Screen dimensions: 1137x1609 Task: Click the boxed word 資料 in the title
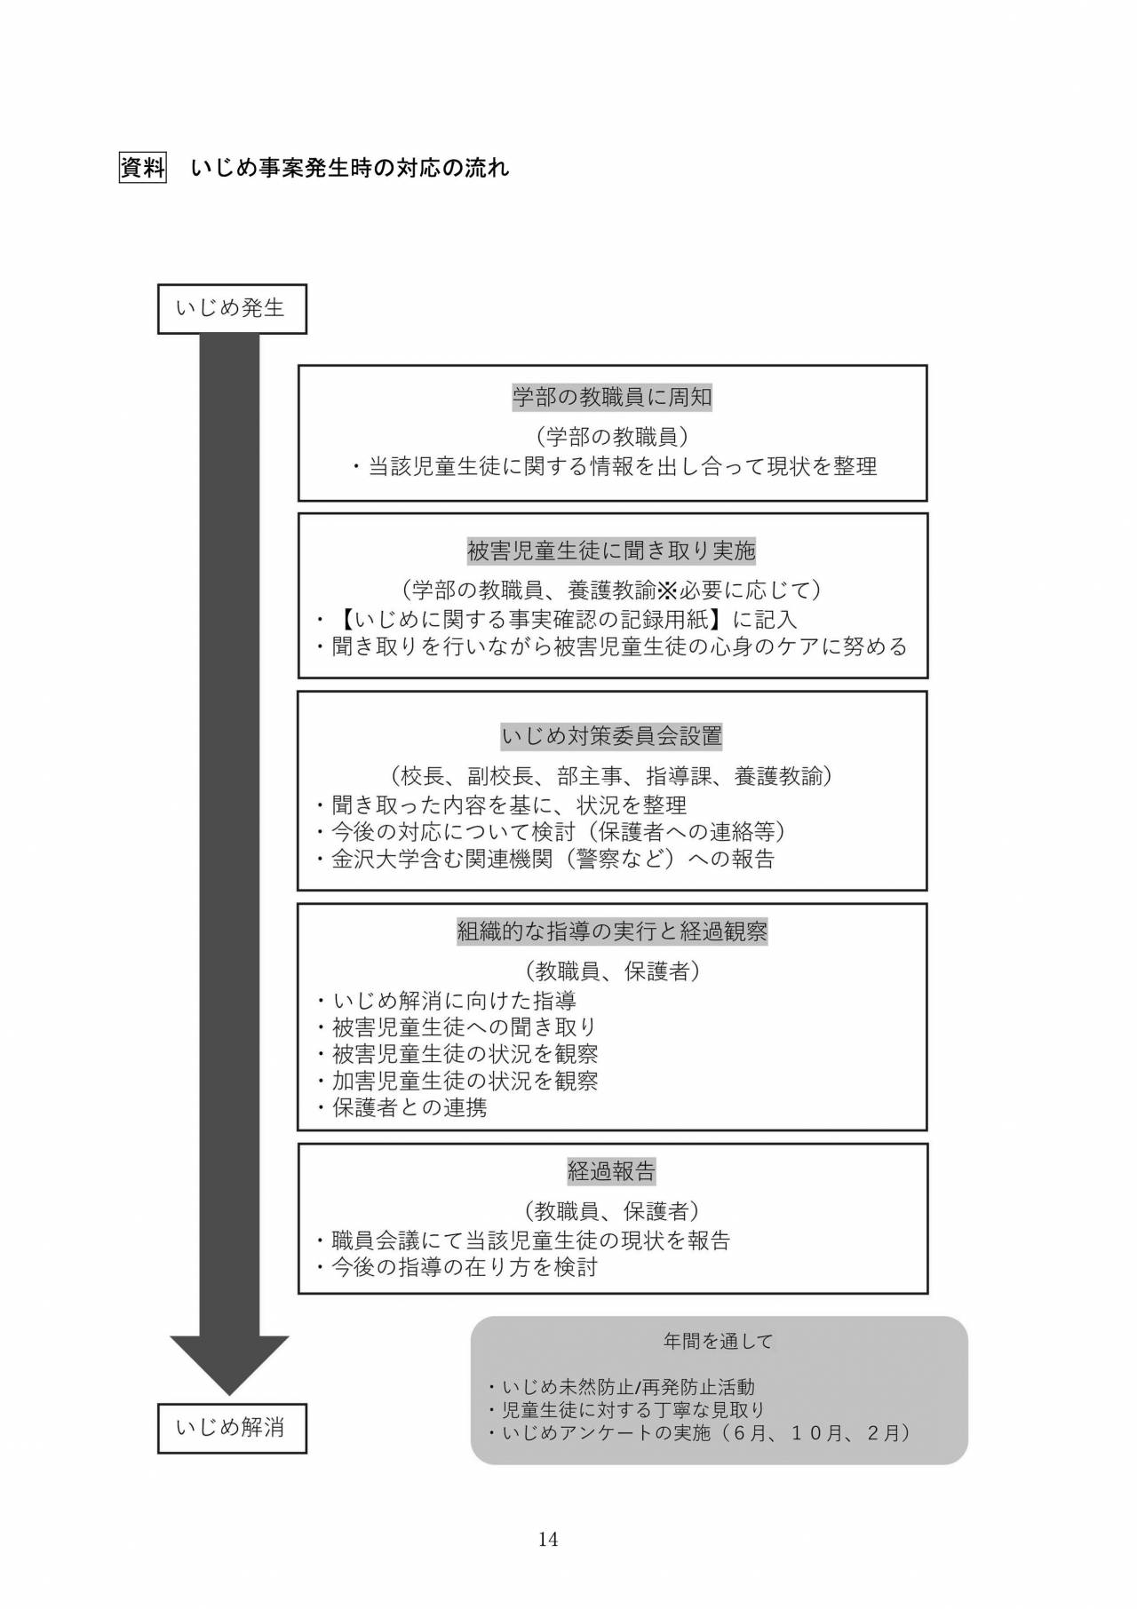142,168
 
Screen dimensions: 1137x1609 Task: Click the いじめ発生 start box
232,309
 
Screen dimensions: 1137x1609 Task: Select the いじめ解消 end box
232,1428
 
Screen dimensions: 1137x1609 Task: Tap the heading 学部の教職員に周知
612,397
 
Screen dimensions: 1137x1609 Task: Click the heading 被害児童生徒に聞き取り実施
612,551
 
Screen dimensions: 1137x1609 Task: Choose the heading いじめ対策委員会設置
612,736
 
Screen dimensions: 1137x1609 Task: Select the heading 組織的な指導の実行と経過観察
612,931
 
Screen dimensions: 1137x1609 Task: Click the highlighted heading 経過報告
612,1171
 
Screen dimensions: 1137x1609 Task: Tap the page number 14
548,1539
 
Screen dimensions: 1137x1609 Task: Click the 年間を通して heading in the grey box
719,1341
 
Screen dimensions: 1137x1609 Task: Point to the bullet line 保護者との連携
401,1107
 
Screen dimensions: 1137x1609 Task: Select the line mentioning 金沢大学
545,859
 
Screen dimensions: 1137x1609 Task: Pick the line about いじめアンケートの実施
700,1432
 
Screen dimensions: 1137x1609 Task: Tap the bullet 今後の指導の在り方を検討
456,1267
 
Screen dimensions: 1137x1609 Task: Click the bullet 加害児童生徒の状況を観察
456,1081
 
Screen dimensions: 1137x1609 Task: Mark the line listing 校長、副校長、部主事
612,776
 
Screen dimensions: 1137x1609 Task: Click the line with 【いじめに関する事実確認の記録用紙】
556,619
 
